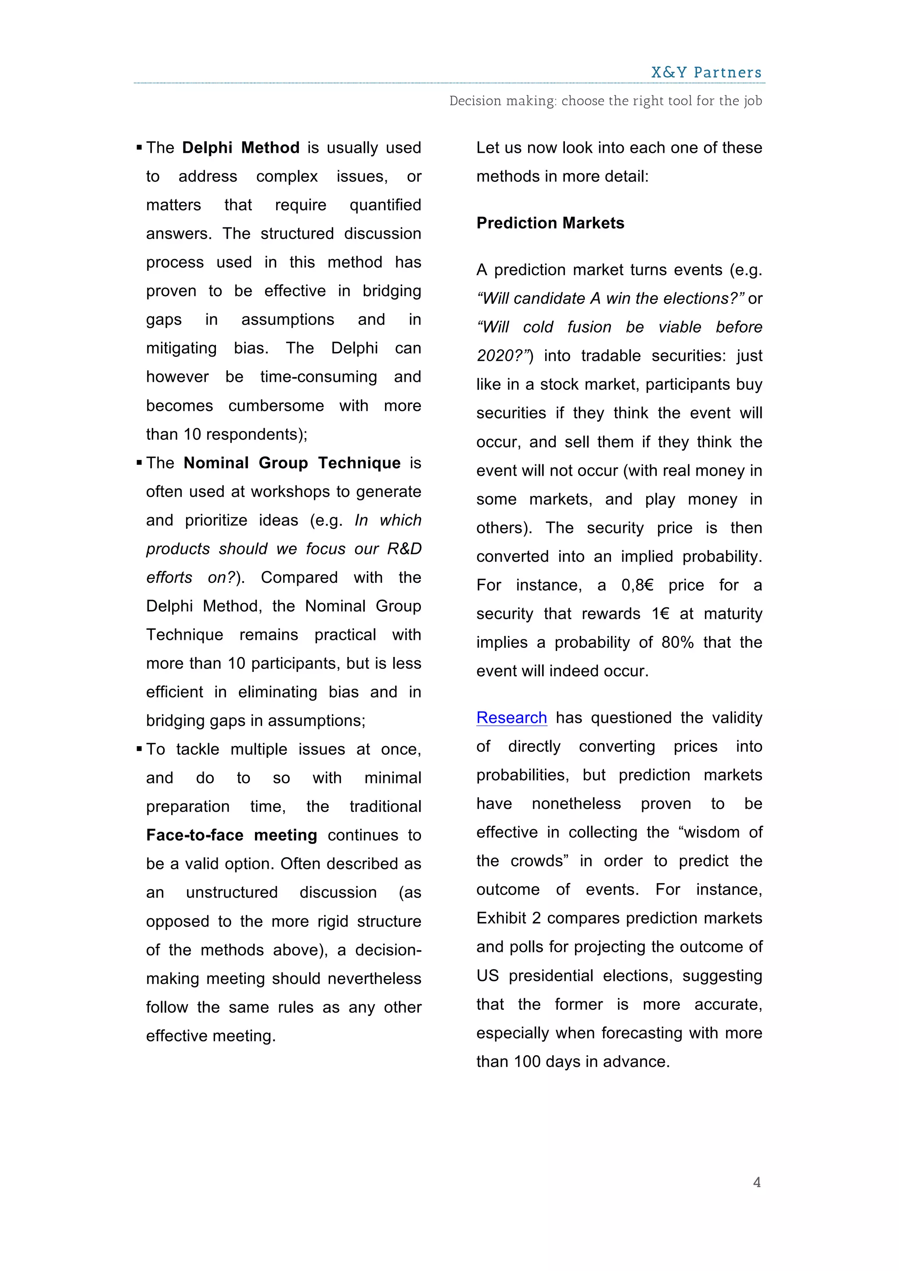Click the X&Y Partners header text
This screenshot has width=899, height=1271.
coord(706,72)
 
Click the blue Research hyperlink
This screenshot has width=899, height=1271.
coord(511,718)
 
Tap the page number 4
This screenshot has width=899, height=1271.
coord(757,1182)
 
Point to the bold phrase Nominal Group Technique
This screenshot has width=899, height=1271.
coord(292,463)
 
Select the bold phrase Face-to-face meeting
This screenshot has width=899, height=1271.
coord(231,835)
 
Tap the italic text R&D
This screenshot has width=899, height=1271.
coord(404,549)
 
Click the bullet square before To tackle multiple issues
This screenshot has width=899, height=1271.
coord(139,749)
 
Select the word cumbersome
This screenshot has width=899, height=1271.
coord(276,406)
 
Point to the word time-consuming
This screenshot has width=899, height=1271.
coord(318,377)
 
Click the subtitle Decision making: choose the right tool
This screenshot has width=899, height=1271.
coord(605,101)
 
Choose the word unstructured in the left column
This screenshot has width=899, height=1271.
coord(231,892)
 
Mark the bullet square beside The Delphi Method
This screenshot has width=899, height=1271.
coord(139,148)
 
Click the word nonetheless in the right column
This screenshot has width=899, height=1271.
coord(576,803)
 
